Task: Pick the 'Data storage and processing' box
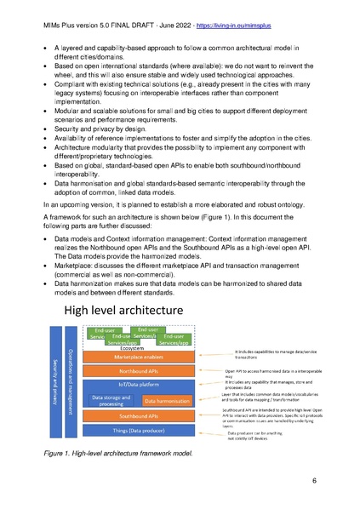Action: click(x=110, y=400)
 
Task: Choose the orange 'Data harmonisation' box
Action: click(x=167, y=400)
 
